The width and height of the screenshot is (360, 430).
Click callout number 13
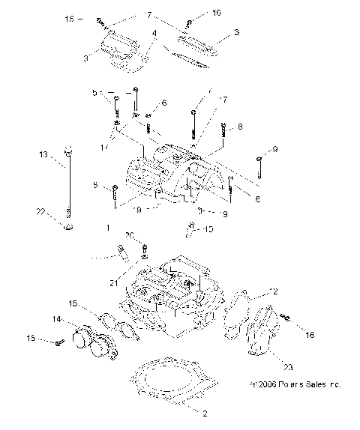(43, 154)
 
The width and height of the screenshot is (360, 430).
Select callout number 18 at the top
(70, 18)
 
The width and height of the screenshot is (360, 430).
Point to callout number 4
(154, 34)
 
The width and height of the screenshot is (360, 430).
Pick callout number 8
(240, 127)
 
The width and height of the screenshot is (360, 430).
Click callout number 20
(129, 235)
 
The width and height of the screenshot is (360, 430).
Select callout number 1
(109, 225)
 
